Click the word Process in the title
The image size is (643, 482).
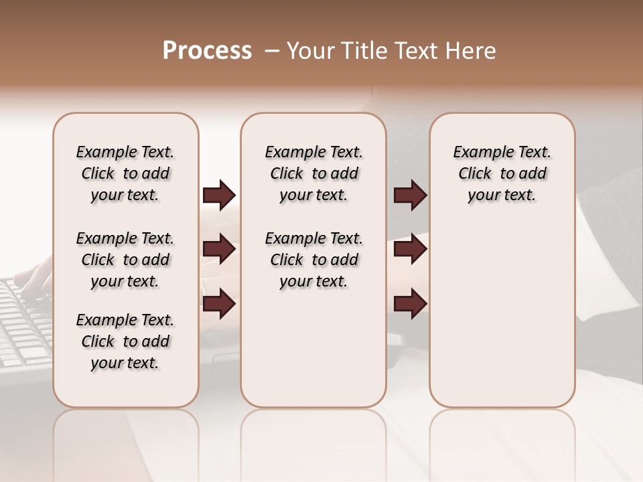pos(207,51)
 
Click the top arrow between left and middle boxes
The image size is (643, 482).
pos(219,195)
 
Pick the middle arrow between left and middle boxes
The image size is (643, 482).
pos(219,250)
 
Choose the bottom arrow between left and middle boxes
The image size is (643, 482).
pos(219,304)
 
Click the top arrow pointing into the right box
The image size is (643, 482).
pos(411,195)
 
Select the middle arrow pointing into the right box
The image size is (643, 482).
pos(411,250)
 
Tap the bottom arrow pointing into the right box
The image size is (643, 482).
pos(411,304)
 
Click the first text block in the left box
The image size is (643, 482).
pos(125,173)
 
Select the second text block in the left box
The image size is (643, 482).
pos(125,260)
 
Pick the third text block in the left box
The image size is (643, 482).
pos(125,341)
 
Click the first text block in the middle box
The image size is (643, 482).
pos(313,173)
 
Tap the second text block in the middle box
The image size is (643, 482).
pos(313,260)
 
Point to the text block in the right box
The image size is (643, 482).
pos(502,173)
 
